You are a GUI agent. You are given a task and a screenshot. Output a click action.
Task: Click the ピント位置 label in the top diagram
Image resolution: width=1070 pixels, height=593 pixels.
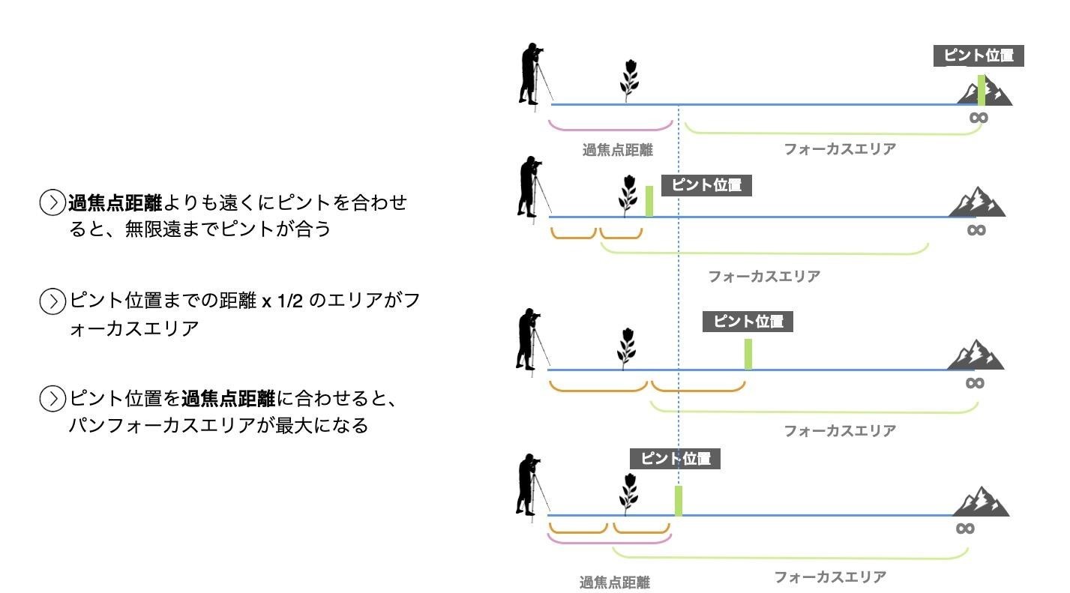(x=978, y=55)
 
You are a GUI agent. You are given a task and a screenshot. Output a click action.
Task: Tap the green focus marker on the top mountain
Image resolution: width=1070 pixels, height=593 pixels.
(x=981, y=90)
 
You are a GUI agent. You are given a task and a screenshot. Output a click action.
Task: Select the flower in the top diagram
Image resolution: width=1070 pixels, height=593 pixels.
(x=629, y=79)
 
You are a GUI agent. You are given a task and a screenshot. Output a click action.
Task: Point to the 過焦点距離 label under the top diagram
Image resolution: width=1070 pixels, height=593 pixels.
(x=617, y=150)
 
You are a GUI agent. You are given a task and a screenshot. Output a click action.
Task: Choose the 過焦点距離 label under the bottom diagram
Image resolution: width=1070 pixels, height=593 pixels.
(x=614, y=582)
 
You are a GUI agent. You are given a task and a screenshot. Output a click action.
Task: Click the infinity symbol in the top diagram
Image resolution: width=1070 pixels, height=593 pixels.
(x=978, y=117)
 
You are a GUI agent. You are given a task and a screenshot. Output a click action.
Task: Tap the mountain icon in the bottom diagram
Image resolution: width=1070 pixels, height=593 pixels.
(x=981, y=502)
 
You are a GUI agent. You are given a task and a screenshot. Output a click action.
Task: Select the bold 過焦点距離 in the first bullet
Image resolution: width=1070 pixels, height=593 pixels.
(x=115, y=203)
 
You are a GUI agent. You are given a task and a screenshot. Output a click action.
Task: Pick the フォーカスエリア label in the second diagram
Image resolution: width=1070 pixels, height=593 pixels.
(x=763, y=277)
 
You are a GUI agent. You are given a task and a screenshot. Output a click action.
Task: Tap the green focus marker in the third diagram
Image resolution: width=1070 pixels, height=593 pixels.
(x=748, y=354)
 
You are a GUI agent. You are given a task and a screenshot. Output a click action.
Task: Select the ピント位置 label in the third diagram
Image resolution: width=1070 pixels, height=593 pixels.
(x=747, y=322)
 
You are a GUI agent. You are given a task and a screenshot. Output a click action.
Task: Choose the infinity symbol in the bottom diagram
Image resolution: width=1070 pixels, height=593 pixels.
(x=965, y=528)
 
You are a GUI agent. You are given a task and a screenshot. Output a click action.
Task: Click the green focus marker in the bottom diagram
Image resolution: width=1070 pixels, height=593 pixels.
(x=679, y=501)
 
